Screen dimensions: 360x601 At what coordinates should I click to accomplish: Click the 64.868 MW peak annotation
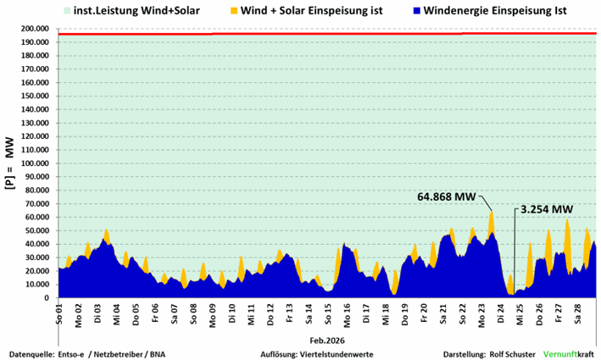[448, 197]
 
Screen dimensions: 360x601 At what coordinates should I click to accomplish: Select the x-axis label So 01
[60, 311]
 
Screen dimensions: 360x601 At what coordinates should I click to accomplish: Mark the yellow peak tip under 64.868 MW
[491, 212]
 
